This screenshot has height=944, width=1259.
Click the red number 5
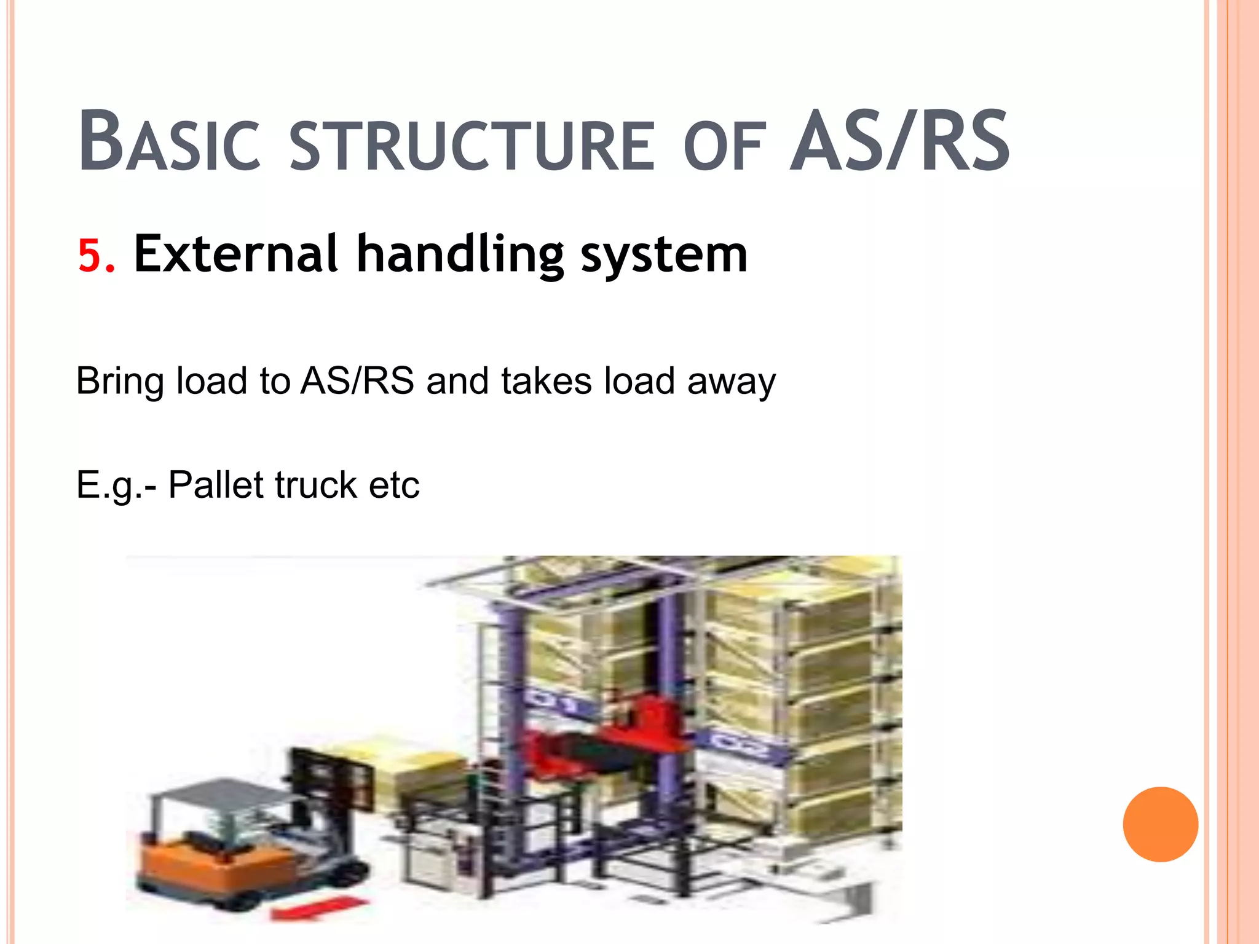[96, 255]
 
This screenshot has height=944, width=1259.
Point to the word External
[236, 254]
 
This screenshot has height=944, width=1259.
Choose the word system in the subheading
[664, 255]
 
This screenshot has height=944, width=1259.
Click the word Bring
[119, 381]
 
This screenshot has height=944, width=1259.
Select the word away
[731, 381]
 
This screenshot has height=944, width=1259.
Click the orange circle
[1160, 824]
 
